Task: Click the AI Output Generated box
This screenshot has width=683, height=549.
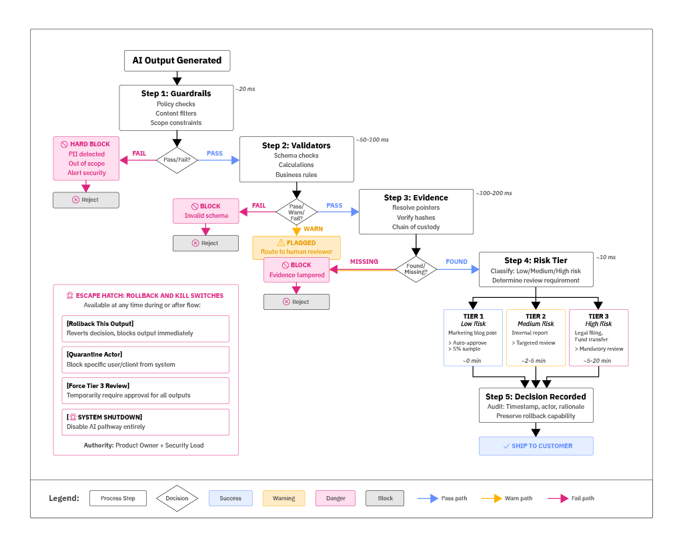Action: click(x=177, y=60)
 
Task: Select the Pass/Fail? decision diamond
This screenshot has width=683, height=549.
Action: click(x=177, y=160)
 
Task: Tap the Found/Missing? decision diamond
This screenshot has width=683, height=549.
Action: click(x=416, y=270)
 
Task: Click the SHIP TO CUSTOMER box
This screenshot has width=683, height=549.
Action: click(x=536, y=445)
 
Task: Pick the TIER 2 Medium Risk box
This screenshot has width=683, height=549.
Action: click(x=536, y=337)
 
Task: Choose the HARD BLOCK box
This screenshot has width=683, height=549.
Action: click(x=86, y=158)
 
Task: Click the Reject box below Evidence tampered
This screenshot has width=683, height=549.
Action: click(x=296, y=302)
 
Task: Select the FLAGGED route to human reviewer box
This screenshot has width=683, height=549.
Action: click(x=296, y=247)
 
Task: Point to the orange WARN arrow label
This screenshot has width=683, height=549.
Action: click(x=313, y=229)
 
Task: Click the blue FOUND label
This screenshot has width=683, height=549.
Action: click(x=456, y=262)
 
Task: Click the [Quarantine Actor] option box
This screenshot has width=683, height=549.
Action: click(x=145, y=359)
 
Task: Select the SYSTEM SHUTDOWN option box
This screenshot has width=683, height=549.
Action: click(x=145, y=421)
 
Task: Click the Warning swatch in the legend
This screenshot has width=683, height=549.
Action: click(x=283, y=498)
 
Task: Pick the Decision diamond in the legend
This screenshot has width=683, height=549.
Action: click(x=177, y=498)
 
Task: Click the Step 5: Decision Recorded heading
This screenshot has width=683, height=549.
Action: click(x=536, y=396)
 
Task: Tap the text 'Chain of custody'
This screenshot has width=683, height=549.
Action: click(x=416, y=227)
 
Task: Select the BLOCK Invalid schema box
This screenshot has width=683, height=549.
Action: click(x=206, y=210)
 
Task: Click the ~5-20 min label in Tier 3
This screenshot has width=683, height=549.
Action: click(x=598, y=361)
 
